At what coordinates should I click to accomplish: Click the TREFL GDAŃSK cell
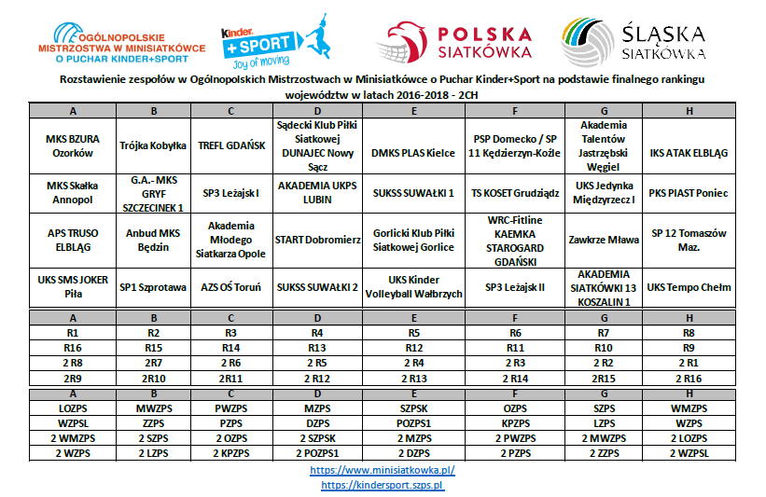232,146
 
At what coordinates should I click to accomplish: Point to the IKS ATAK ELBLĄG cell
689,152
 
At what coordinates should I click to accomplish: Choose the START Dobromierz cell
317,240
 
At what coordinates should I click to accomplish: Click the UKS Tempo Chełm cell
689,287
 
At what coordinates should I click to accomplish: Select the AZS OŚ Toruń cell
232,287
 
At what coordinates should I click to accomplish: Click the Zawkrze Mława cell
606,240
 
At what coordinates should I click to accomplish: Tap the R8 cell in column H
689,332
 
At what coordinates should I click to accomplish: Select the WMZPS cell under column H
689,408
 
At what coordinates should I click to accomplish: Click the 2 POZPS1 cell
317,452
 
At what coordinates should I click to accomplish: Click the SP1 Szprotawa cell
153,287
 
